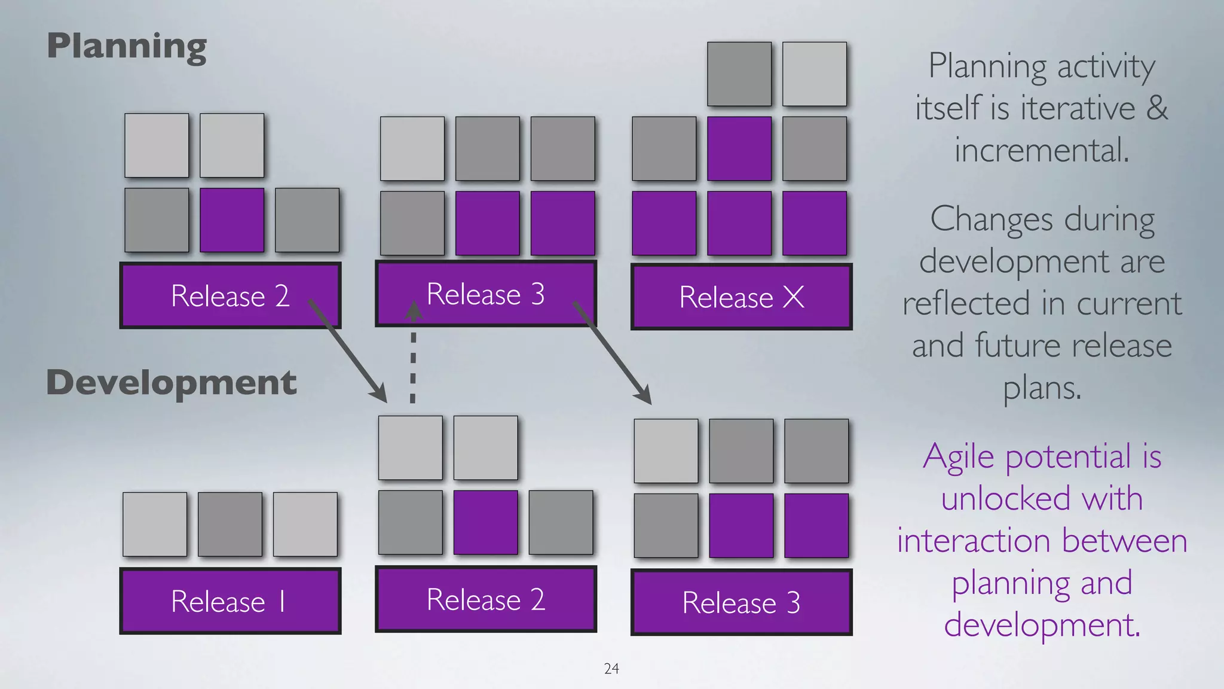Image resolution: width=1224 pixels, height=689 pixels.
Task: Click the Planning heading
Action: (127, 47)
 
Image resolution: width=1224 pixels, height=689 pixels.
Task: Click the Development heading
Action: (172, 383)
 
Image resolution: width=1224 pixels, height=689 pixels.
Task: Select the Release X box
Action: (741, 297)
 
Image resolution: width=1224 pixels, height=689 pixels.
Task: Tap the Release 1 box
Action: (230, 601)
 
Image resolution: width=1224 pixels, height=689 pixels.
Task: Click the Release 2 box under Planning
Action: (230, 295)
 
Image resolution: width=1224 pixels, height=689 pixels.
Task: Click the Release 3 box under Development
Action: (741, 602)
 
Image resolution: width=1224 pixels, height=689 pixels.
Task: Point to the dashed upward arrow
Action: (413, 359)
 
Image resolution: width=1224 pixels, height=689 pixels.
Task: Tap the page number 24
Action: (611, 669)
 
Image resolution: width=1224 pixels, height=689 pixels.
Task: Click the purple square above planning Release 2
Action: (232, 220)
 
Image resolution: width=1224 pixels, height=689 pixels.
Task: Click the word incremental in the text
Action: (1042, 150)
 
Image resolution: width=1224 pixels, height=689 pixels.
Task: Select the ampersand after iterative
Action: (1157, 108)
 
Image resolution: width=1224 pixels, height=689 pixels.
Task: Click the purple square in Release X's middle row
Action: (739, 149)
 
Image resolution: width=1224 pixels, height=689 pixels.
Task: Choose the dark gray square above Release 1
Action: (230, 525)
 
